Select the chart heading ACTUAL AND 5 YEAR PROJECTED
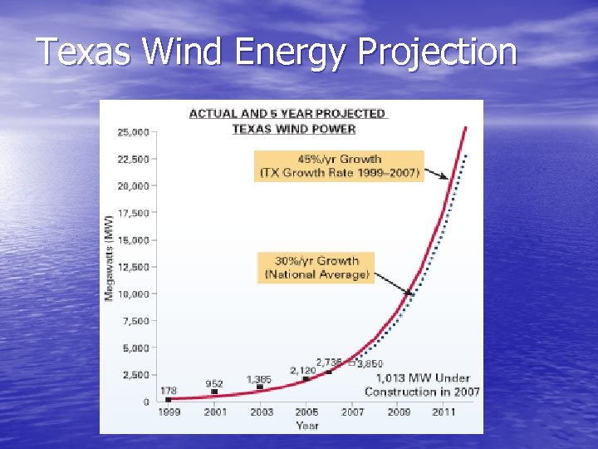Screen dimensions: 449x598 [x=287, y=113]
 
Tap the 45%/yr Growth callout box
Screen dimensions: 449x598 [x=340, y=165]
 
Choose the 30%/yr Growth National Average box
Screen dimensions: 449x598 [x=316, y=267]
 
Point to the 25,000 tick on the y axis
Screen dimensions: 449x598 [x=133, y=131]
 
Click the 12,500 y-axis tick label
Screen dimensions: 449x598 [x=133, y=267]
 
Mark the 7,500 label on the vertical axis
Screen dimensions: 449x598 [x=135, y=321]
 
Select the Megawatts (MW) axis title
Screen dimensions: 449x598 [x=109, y=258]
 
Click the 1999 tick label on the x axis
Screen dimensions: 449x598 [x=169, y=412]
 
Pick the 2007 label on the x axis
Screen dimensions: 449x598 [x=352, y=412]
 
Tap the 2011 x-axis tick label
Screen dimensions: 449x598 [x=444, y=412]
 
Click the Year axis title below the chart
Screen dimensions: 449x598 [x=306, y=426]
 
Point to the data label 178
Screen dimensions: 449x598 [x=168, y=390]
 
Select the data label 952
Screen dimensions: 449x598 [x=214, y=383]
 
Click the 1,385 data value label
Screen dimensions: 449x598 [x=259, y=379]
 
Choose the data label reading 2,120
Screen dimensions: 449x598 [x=303, y=369]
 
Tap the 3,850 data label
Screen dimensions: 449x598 [x=370, y=364]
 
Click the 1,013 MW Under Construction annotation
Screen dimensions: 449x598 [x=422, y=385]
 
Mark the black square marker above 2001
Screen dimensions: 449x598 [x=214, y=392]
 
